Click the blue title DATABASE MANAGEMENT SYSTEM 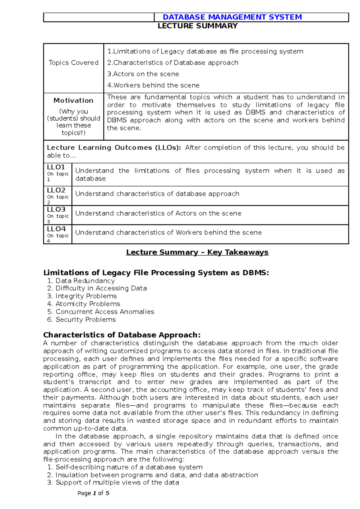point(232,17)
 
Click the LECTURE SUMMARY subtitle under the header point(198,26)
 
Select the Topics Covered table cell point(73,63)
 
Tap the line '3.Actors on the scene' point(143,74)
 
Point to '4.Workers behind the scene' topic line point(153,85)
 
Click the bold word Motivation point(73,100)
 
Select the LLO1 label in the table point(56,167)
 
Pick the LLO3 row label point(56,210)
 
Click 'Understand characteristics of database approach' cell point(157,194)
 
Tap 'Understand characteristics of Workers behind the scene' point(168,233)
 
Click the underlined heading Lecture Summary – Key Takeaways point(197,252)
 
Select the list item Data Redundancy point(85,281)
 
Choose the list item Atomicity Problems point(88,304)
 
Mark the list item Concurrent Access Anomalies point(105,312)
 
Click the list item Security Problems point(85,320)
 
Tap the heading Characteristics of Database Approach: point(122,335)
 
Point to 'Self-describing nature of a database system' point(129,467)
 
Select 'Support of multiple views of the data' point(117,483)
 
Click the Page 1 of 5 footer point(93,493)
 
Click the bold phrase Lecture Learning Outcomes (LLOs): point(114,148)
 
